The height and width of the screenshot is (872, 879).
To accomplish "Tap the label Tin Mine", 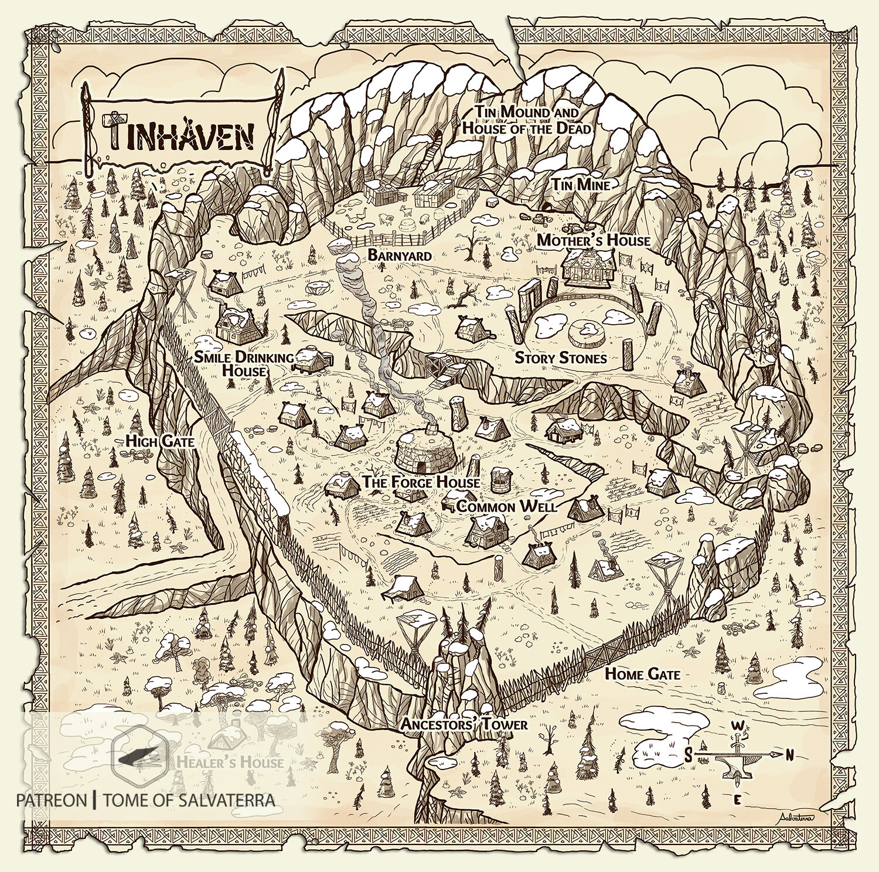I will tap(580, 185).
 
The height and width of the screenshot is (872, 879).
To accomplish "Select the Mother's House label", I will tap(593, 240).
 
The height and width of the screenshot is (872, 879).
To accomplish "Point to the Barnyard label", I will tap(400, 256).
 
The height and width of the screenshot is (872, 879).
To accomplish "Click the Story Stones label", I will tap(560, 357).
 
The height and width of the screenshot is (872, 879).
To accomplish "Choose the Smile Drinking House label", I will tap(244, 364).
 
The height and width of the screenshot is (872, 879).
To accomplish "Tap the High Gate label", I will tap(159, 441).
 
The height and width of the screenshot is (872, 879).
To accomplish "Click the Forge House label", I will tap(421, 482).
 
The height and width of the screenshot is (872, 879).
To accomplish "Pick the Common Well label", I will tap(506, 507).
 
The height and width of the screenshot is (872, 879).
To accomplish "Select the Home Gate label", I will tap(642, 674).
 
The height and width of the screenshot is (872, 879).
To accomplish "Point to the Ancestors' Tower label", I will tap(464, 724).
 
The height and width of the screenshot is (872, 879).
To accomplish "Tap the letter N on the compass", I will tap(789, 754).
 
